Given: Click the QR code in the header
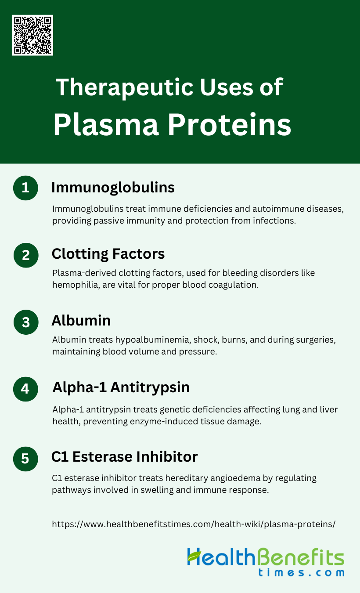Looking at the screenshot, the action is (x=32, y=35).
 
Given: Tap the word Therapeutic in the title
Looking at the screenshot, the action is (x=125, y=87).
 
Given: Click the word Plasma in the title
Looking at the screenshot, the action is (x=106, y=125).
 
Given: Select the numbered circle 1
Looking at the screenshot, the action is (x=25, y=188).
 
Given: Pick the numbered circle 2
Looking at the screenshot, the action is (x=26, y=255).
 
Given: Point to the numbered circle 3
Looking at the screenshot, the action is (x=26, y=322).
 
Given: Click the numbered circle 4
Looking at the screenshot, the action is (x=25, y=389).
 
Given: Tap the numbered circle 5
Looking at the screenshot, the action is (x=25, y=459).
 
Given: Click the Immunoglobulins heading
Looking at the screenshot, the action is (x=113, y=188).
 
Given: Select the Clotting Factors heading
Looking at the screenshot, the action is (x=108, y=254).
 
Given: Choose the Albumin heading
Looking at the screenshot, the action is (x=81, y=321).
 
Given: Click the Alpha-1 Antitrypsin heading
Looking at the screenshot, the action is (x=121, y=388).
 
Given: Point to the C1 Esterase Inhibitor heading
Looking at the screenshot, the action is (x=125, y=457).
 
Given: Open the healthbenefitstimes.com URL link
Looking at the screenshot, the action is (x=194, y=524).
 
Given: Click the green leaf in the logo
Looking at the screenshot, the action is (x=194, y=556).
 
